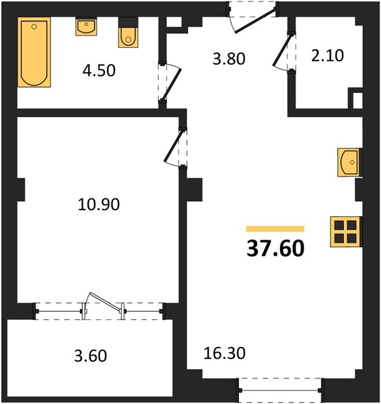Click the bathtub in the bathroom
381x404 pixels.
(x=34, y=52)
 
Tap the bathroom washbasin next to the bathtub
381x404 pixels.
(x=86, y=26)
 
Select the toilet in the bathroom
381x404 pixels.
(x=129, y=33)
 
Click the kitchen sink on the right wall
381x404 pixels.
(x=350, y=162)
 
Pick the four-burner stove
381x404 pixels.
(x=346, y=232)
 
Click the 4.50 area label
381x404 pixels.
(x=99, y=71)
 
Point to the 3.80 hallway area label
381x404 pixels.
(x=229, y=59)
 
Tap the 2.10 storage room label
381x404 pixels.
(x=327, y=56)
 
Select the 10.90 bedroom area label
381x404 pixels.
(x=99, y=204)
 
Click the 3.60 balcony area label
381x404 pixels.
(x=90, y=356)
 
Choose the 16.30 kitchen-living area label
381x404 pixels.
(x=224, y=353)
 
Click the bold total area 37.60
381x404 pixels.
(x=275, y=248)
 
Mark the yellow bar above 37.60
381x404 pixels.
(x=275, y=229)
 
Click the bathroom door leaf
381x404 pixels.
(x=172, y=84)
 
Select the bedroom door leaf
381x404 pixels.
(x=174, y=146)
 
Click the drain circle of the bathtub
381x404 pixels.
(x=34, y=26)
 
